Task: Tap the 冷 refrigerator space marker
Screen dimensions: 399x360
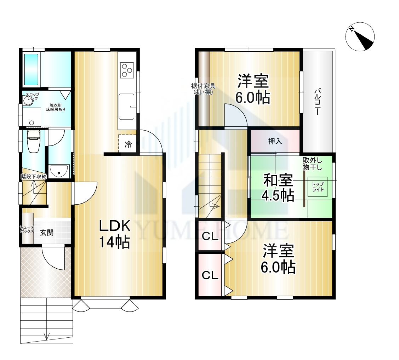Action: (x=128, y=145)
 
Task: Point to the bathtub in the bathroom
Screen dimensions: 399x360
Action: (x=31, y=69)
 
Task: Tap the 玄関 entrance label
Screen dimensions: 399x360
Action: (x=47, y=233)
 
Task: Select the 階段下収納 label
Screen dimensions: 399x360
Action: (x=34, y=177)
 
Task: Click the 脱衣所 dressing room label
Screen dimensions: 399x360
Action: (x=56, y=105)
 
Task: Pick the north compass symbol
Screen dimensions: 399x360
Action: (x=360, y=36)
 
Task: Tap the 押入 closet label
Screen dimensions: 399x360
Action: (x=275, y=141)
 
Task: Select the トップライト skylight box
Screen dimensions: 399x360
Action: (x=318, y=187)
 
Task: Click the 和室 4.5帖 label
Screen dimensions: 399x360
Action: (x=278, y=188)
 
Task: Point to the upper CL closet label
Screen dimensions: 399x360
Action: (x=210, y=236)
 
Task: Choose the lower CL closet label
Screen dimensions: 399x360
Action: (x=210, y=275)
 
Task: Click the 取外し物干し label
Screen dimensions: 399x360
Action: (x=312, y=164)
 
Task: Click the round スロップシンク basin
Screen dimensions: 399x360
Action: (x=28, y=101)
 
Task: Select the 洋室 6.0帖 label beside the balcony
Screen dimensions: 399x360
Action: (x=253, y=89)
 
